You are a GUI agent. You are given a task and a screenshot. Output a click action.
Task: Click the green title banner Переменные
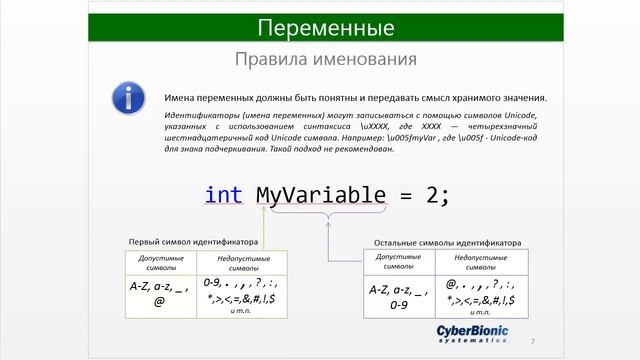(319, 26)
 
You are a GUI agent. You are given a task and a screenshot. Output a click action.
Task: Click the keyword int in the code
(224, 194)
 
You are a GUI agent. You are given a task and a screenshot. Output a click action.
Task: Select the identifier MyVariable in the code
(321, 194)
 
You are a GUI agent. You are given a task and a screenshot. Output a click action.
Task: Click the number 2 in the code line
(431, 194)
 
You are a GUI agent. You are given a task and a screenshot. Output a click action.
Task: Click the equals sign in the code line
(406, 194)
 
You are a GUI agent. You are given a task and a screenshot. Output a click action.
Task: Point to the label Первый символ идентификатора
(193, 242)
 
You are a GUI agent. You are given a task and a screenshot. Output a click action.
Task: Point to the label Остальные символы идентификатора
(447, 242)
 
